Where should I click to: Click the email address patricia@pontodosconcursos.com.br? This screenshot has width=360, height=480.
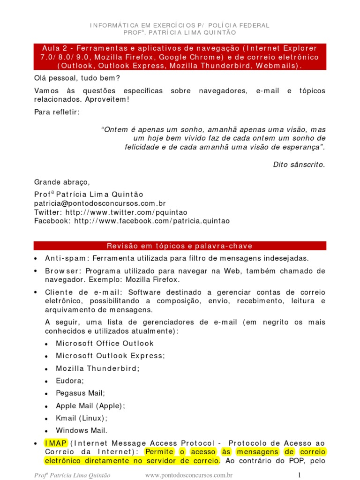coord(100,203)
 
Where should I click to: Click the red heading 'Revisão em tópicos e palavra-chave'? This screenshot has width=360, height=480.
coord(180,246)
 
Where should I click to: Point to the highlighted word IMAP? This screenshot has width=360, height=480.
coord(56,443)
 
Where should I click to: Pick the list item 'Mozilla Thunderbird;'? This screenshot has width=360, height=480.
coord(97,368)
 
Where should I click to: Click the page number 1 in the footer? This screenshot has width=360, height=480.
coord(298,475)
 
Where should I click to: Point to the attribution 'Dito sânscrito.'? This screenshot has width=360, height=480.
coord(299,165)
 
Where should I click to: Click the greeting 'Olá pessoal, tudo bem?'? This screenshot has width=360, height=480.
coord(77,78)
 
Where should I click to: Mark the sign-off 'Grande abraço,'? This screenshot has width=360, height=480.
coord(61,182)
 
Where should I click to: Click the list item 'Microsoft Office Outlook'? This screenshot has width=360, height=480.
coord(105,343)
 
